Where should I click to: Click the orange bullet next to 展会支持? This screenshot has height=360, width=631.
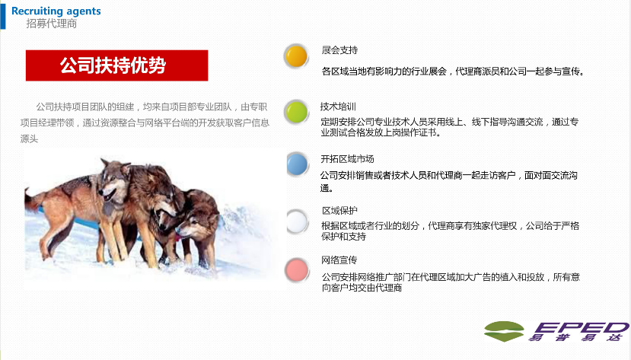296,56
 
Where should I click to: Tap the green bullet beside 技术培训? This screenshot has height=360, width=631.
296,111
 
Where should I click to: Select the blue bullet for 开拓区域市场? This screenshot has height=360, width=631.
297,164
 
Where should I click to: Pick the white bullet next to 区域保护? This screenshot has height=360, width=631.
297,221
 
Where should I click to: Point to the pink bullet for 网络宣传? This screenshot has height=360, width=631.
297,270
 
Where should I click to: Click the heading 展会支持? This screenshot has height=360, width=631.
339,50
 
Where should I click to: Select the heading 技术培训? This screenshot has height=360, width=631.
338,107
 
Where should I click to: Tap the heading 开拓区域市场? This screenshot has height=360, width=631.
347,159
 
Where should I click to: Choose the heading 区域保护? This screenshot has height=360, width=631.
339,210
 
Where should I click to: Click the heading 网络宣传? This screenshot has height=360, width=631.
339,260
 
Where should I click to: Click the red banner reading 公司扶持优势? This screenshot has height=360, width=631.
116,65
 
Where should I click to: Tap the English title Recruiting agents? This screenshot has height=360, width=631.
56,11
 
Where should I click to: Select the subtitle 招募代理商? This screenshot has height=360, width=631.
52,24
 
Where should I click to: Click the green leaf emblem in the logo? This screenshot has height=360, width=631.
504,331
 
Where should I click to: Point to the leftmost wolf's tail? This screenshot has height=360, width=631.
33,199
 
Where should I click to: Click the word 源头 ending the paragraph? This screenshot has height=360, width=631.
30,139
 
